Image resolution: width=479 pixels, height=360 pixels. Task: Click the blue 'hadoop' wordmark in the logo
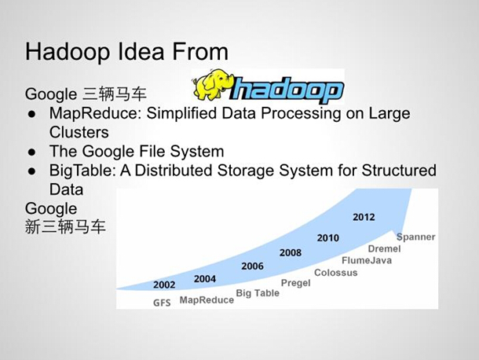(x=287, y=90)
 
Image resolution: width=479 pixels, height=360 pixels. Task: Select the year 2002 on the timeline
(x=164, y=285)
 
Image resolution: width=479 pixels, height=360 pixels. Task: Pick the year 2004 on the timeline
(x=205, y=279)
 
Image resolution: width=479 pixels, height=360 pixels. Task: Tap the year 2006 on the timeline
(x=252, y=266)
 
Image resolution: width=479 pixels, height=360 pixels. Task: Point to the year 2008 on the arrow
(x=291, y=252)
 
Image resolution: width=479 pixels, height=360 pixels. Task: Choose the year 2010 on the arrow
(x=327, y=238)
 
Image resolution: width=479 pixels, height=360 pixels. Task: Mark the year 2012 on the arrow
(x=364, y=217)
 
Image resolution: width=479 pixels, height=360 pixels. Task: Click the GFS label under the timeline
(x=162, y=303)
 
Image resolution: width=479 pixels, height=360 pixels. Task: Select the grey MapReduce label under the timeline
(x=207, y=300)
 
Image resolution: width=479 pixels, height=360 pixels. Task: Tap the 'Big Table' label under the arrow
(x=258, y=293)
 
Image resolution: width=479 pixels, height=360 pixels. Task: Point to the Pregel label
(x=295, y=283)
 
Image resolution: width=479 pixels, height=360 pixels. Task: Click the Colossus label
(x=335, y=273)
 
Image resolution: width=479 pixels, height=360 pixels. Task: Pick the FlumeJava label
(x=367, y=260)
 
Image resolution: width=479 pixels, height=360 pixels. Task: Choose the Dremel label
(x=384, y=248)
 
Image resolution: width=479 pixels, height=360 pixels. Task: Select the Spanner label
(x=415, y=237)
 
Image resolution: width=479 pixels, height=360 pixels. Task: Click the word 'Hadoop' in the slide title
(x=68, y=52)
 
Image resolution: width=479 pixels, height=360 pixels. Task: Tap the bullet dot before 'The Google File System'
(x=31, y=152)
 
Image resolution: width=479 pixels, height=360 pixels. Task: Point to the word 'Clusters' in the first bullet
(x=79, y=132)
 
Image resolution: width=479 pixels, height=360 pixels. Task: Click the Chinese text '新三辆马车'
(x=65, y=227)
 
